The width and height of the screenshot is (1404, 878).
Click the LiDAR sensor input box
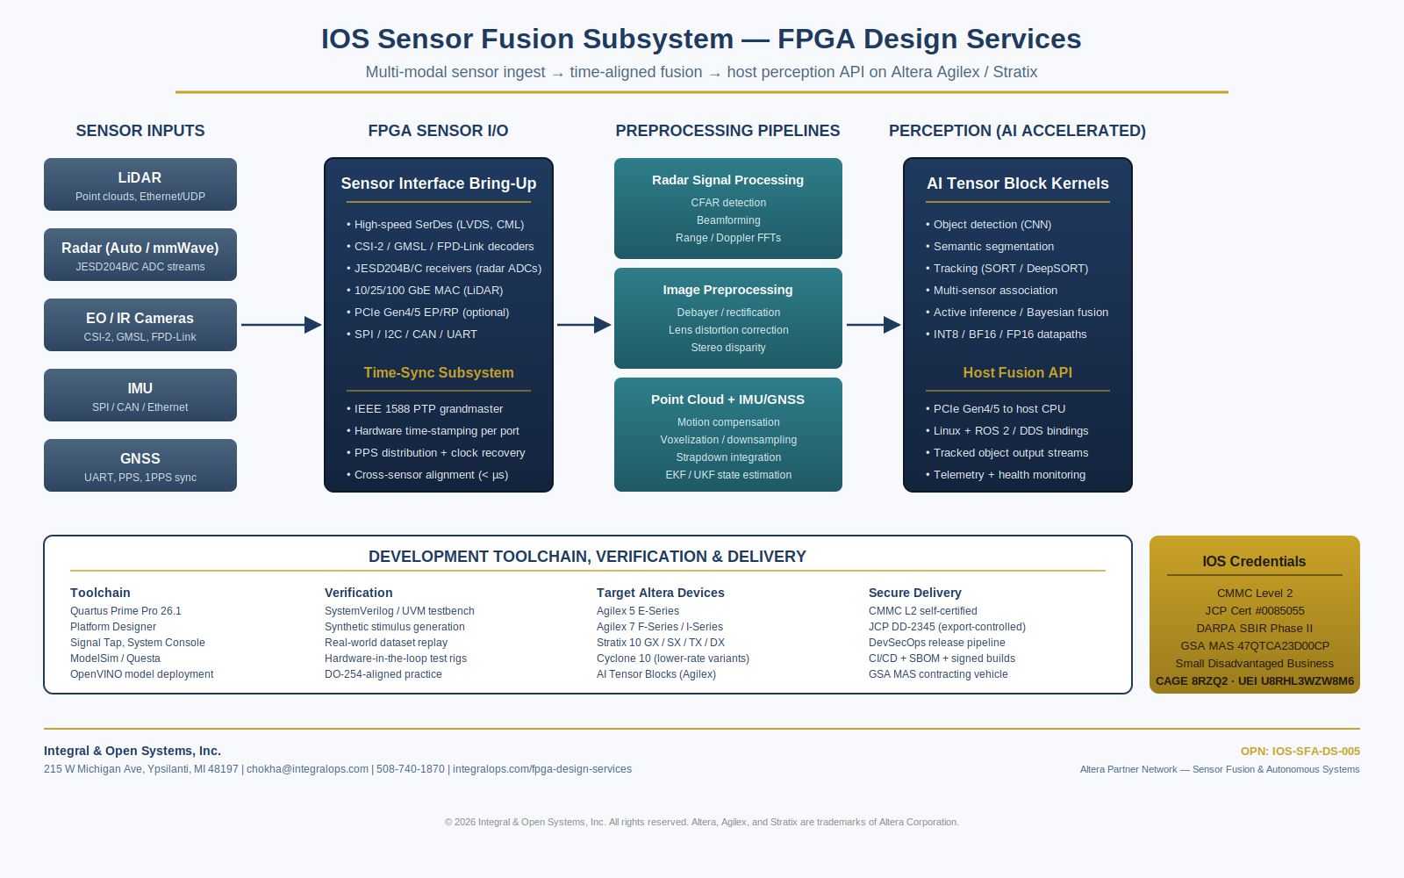(x=140, y=184)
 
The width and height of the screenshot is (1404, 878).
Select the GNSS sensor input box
(x=140, y=465)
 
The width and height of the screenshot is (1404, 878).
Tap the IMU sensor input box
(x=140, y=395)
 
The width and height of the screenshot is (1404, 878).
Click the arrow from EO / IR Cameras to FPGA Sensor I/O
(x=282, y=325)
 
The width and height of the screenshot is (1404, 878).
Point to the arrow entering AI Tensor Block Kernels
(x=874, y=325)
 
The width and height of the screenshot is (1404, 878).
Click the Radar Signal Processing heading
(x=727, y=180)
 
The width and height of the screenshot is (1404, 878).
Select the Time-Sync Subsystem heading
(x=439, y=372)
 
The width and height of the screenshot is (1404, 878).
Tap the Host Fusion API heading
(x=1017, y=372)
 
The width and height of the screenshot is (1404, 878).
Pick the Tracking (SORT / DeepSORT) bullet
(x=1007, y=269)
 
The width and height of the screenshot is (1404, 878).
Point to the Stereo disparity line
(x=728, y=348)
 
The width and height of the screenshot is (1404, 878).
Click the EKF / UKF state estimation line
(x=728, y=475)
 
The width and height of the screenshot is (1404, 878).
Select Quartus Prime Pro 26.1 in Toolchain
(x=125, y=611)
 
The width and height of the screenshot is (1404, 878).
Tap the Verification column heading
(x=359, y=593)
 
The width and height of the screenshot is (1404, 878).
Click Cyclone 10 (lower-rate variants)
(x=672, y=658)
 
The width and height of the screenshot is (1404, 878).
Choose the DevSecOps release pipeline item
(x=936, y=643)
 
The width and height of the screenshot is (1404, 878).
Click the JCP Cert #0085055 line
(x=1254, y=611)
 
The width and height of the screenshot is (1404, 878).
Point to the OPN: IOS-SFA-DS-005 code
(x=1300, y=752)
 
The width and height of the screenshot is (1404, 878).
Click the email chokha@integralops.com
(x=307, y=769)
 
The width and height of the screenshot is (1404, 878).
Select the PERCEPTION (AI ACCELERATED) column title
(x=1017, y=131)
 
